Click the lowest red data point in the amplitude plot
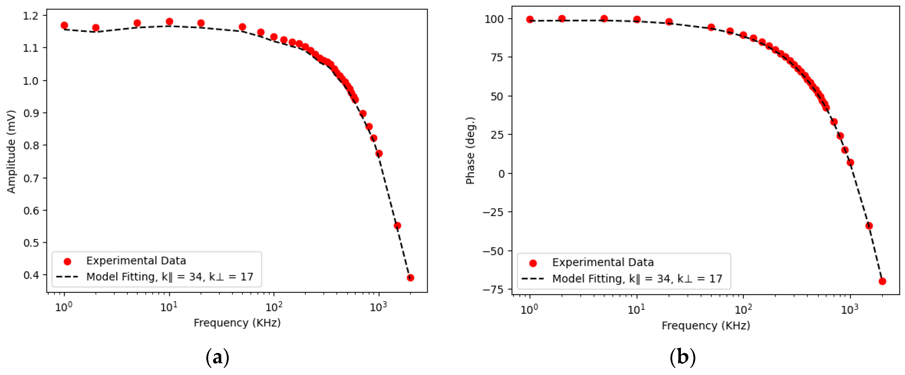click(x=410, y=278)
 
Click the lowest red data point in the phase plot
click(x=882, y=281)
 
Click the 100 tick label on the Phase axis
click(x=494, y=19)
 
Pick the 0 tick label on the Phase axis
click(x=501, y=174)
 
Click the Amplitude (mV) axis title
click(x=11, y=152)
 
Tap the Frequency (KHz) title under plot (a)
click(x=237, y=323)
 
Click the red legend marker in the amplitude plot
click(x=67, y=261)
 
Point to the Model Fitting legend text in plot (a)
click(x=170, y=277)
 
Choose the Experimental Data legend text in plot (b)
click(x=603, y=262)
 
